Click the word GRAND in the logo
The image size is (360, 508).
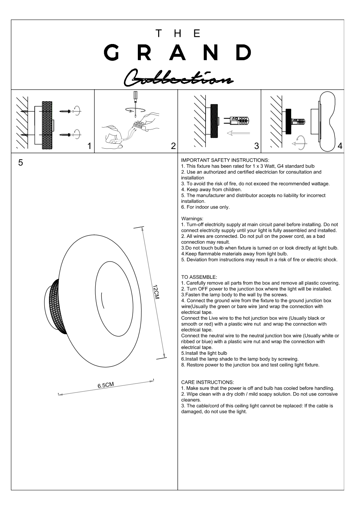click(177, 53)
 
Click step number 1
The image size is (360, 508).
click(89, 146)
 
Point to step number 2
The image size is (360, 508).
click(173, 146)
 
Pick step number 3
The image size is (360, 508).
click(256, 146)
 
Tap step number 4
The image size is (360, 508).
click(340, 146)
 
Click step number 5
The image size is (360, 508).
click(21, 163)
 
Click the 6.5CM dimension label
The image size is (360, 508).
click(105, 385)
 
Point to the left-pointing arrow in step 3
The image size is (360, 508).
click(237, 132)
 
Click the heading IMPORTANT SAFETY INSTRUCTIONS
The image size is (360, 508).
click(225, 160)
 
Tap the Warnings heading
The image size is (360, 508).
click(192, 219)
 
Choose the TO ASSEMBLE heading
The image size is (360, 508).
click(199, 277)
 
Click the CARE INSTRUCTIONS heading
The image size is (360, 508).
click(207, 382)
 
